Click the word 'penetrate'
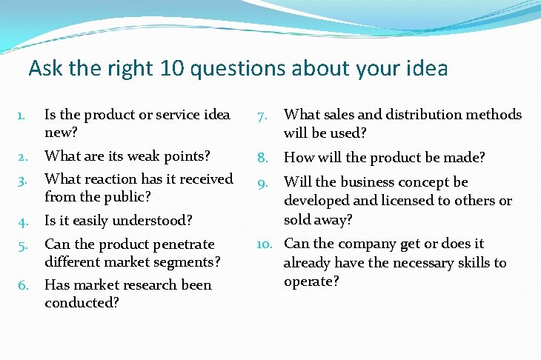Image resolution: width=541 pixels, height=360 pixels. [x=184, y=244]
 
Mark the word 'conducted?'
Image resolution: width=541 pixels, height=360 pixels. [x=82, y=302]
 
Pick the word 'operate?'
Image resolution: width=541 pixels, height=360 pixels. [x=311, y=281]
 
